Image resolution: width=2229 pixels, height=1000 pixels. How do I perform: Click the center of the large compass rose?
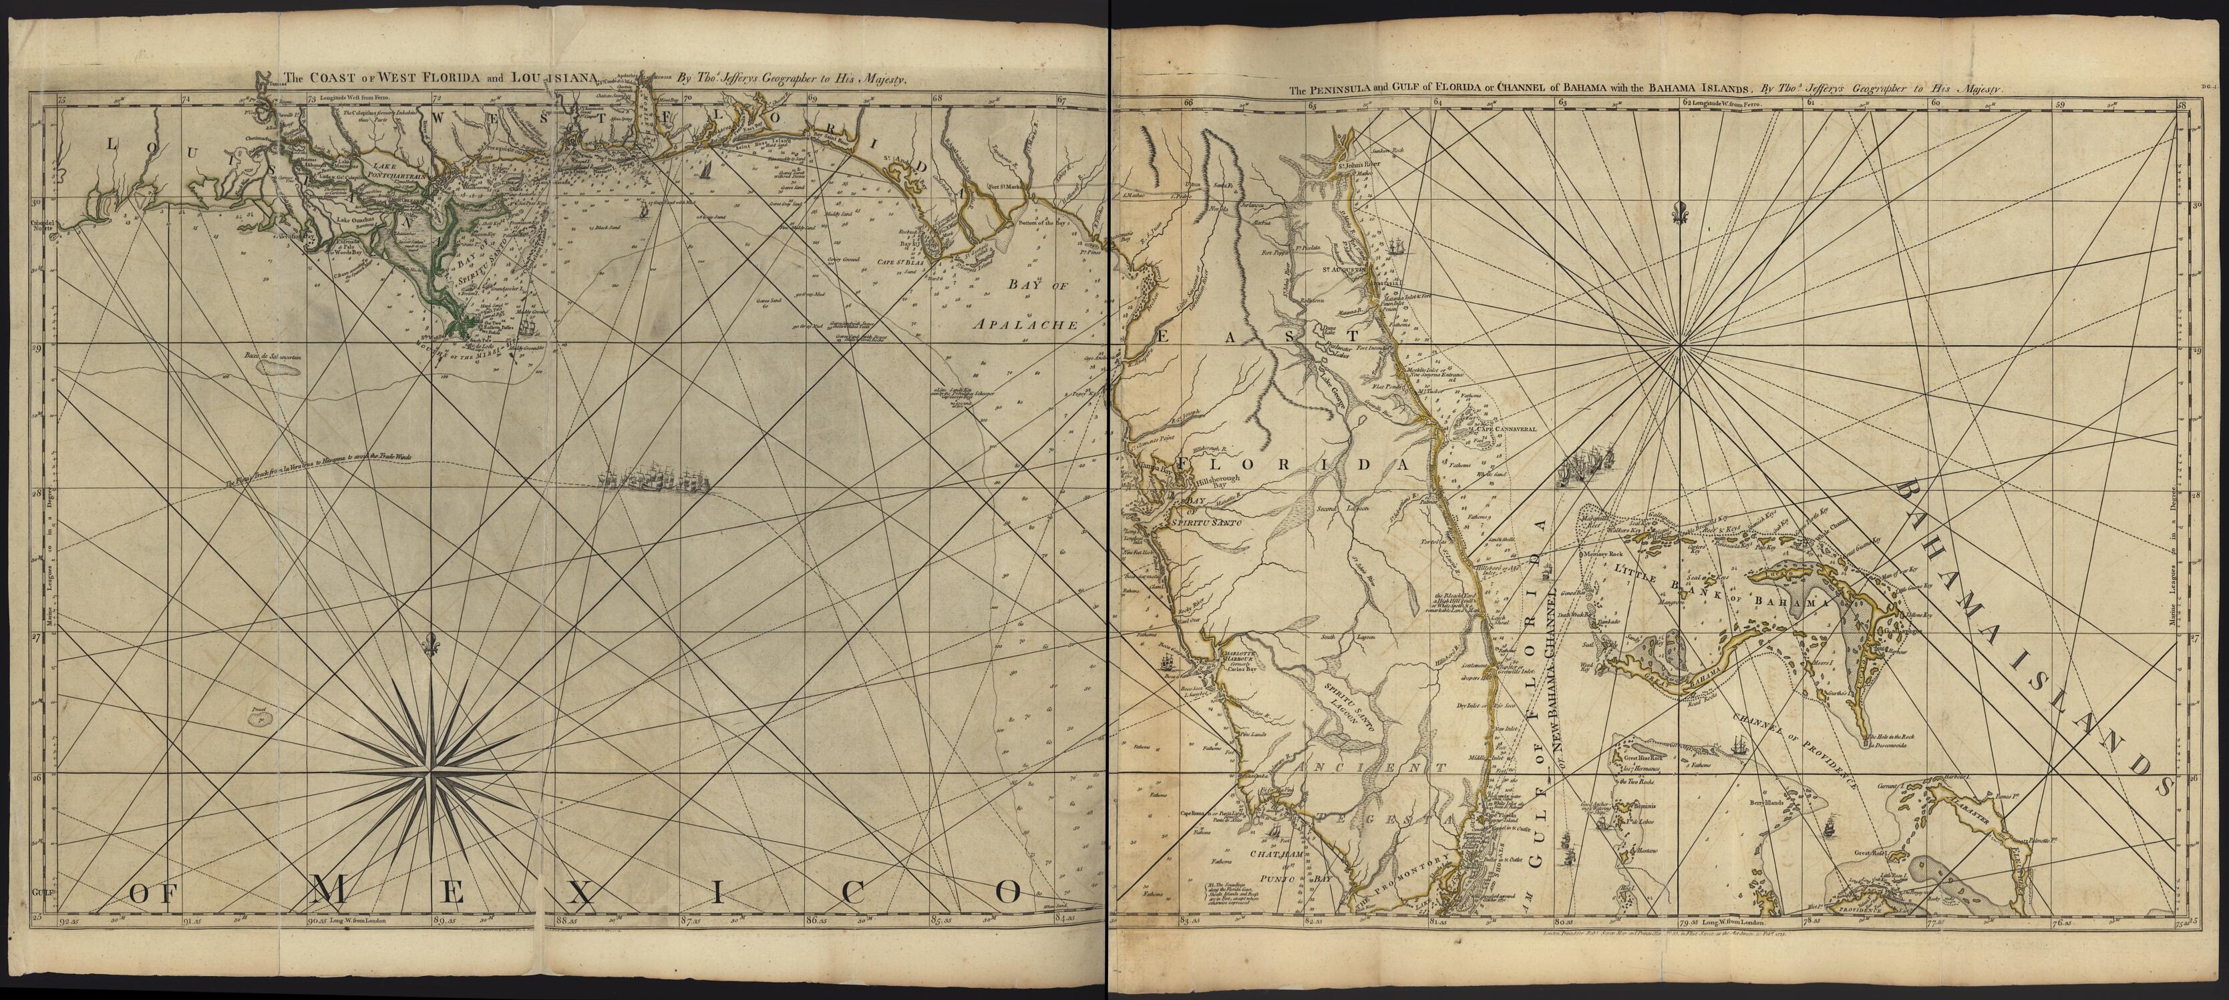(430, 766)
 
